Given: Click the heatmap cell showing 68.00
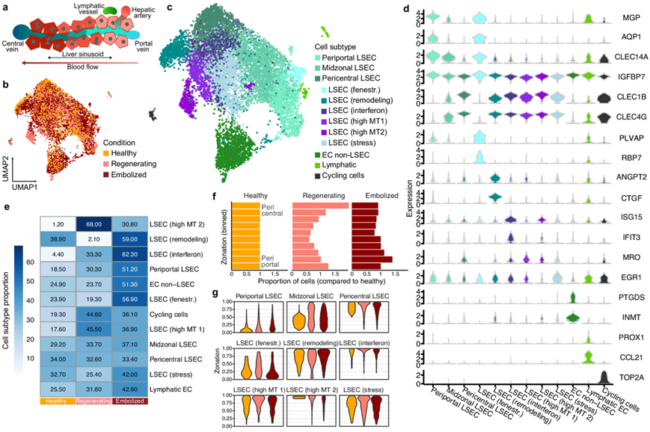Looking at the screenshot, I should (92, 223).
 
